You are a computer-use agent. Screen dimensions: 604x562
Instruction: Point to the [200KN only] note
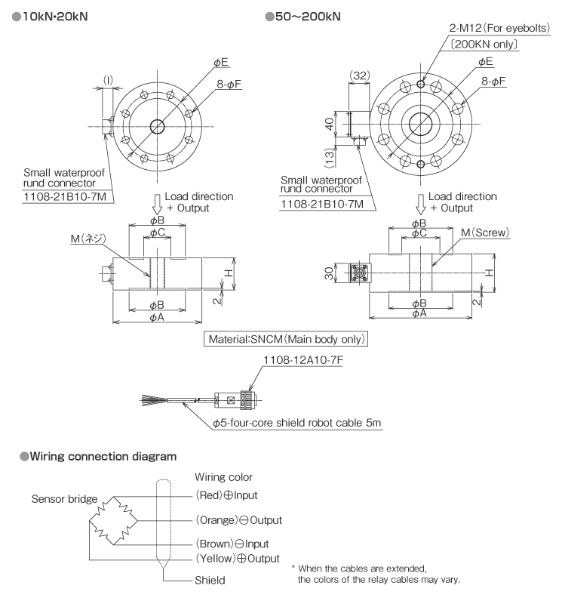tap(481, 45)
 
